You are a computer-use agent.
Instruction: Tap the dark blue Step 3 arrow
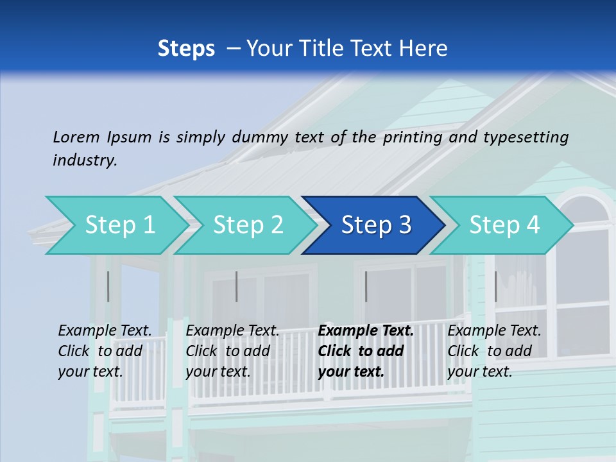pos(376,225)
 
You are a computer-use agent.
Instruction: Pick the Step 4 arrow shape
pos(504,225)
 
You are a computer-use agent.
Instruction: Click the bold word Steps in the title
pos(186,48)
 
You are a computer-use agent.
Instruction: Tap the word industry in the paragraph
pos(84,160)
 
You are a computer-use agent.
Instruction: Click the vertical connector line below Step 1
pos(108,286)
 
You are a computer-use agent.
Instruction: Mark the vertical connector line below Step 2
pos(237,286)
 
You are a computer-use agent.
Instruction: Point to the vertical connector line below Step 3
pos(366,286)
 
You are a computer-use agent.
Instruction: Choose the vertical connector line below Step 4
pos(495,286)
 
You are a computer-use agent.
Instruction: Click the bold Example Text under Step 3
pos(366,331)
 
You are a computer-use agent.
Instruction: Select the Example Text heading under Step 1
pos(105,331)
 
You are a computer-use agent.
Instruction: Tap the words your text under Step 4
pos(479,372)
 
